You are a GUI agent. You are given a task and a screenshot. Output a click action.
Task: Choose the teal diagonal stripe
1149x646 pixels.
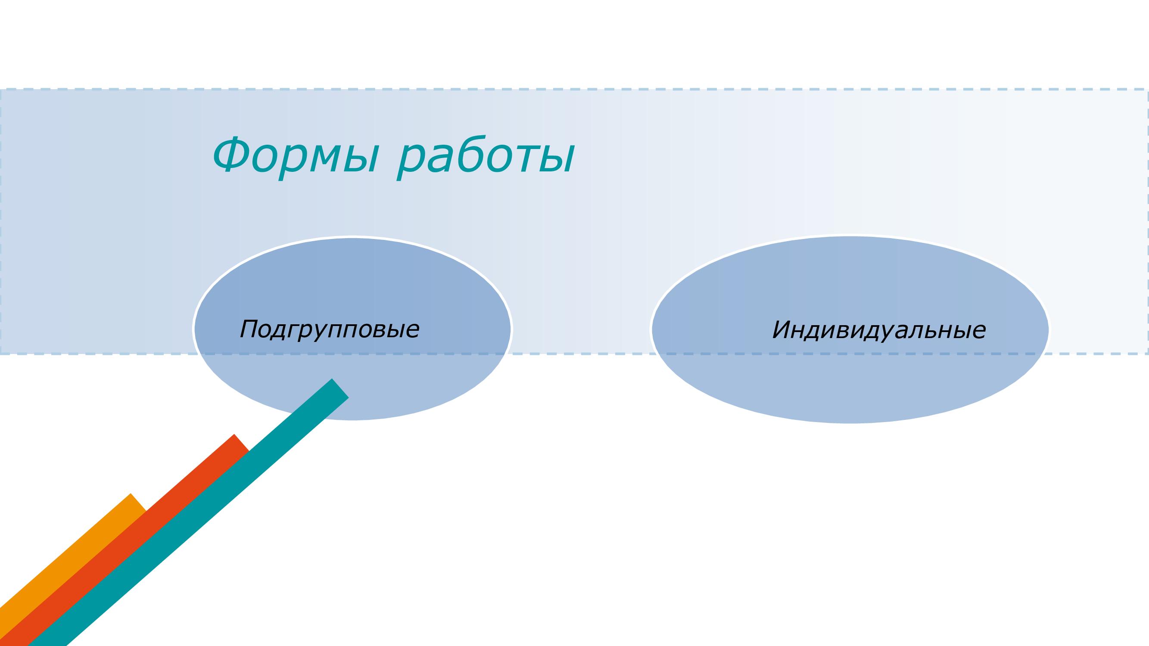pos(187,512)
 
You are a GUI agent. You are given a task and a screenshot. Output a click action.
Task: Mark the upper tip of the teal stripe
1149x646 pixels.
pos(340,388)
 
